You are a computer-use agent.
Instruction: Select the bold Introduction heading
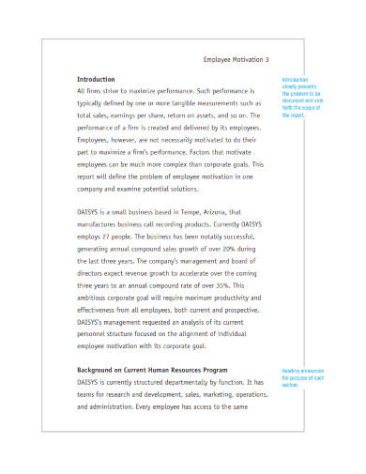pyautogui.click(x=96, y=80)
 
